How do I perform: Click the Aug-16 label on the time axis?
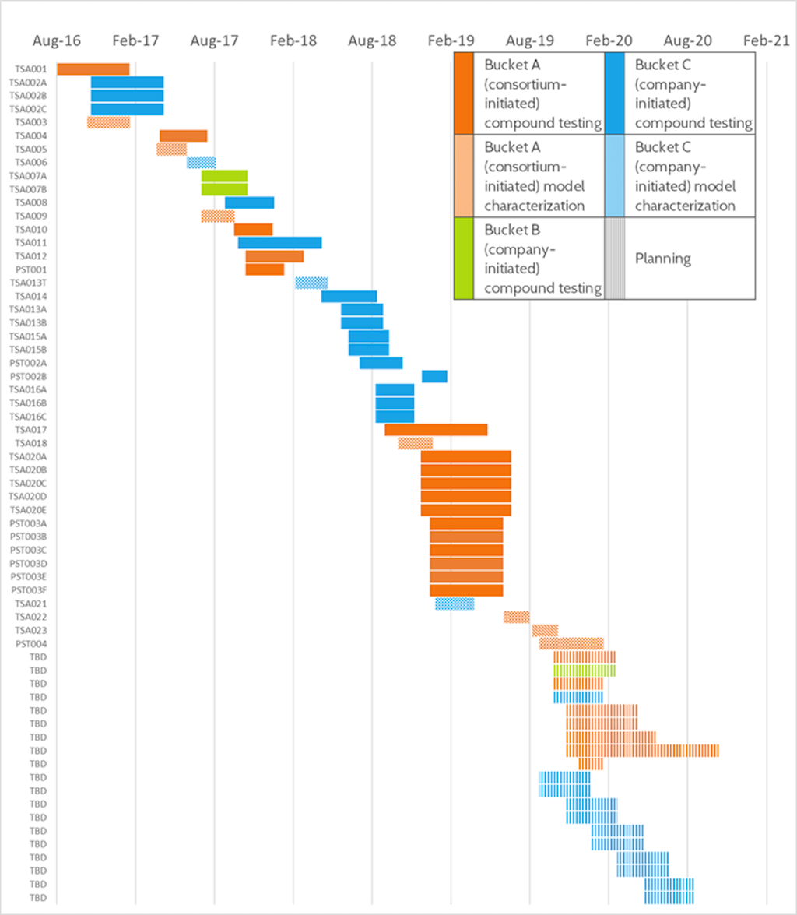coord(57,40)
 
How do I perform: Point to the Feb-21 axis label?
coord(766,40)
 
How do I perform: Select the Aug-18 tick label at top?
coord(372,40)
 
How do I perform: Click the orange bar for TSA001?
coord(93,69)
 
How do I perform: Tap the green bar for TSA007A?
coord(224,176)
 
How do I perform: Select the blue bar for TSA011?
coord(279,243)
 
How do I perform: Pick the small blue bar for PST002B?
coord(434,376)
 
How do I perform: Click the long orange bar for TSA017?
coord(436,430)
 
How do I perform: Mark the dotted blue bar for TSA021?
coord(455,604)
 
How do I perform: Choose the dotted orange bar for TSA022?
coord(516,617)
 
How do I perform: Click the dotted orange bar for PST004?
coord(571,643)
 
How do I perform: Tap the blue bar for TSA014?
coord(349,296)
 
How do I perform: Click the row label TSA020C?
coord(28,483)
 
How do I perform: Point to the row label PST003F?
coord(28,590)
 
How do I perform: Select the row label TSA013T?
coord(28,283)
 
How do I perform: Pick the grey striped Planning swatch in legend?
coord(614,259)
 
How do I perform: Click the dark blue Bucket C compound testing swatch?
coord(614,93)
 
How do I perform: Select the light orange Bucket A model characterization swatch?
coord(463,176)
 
